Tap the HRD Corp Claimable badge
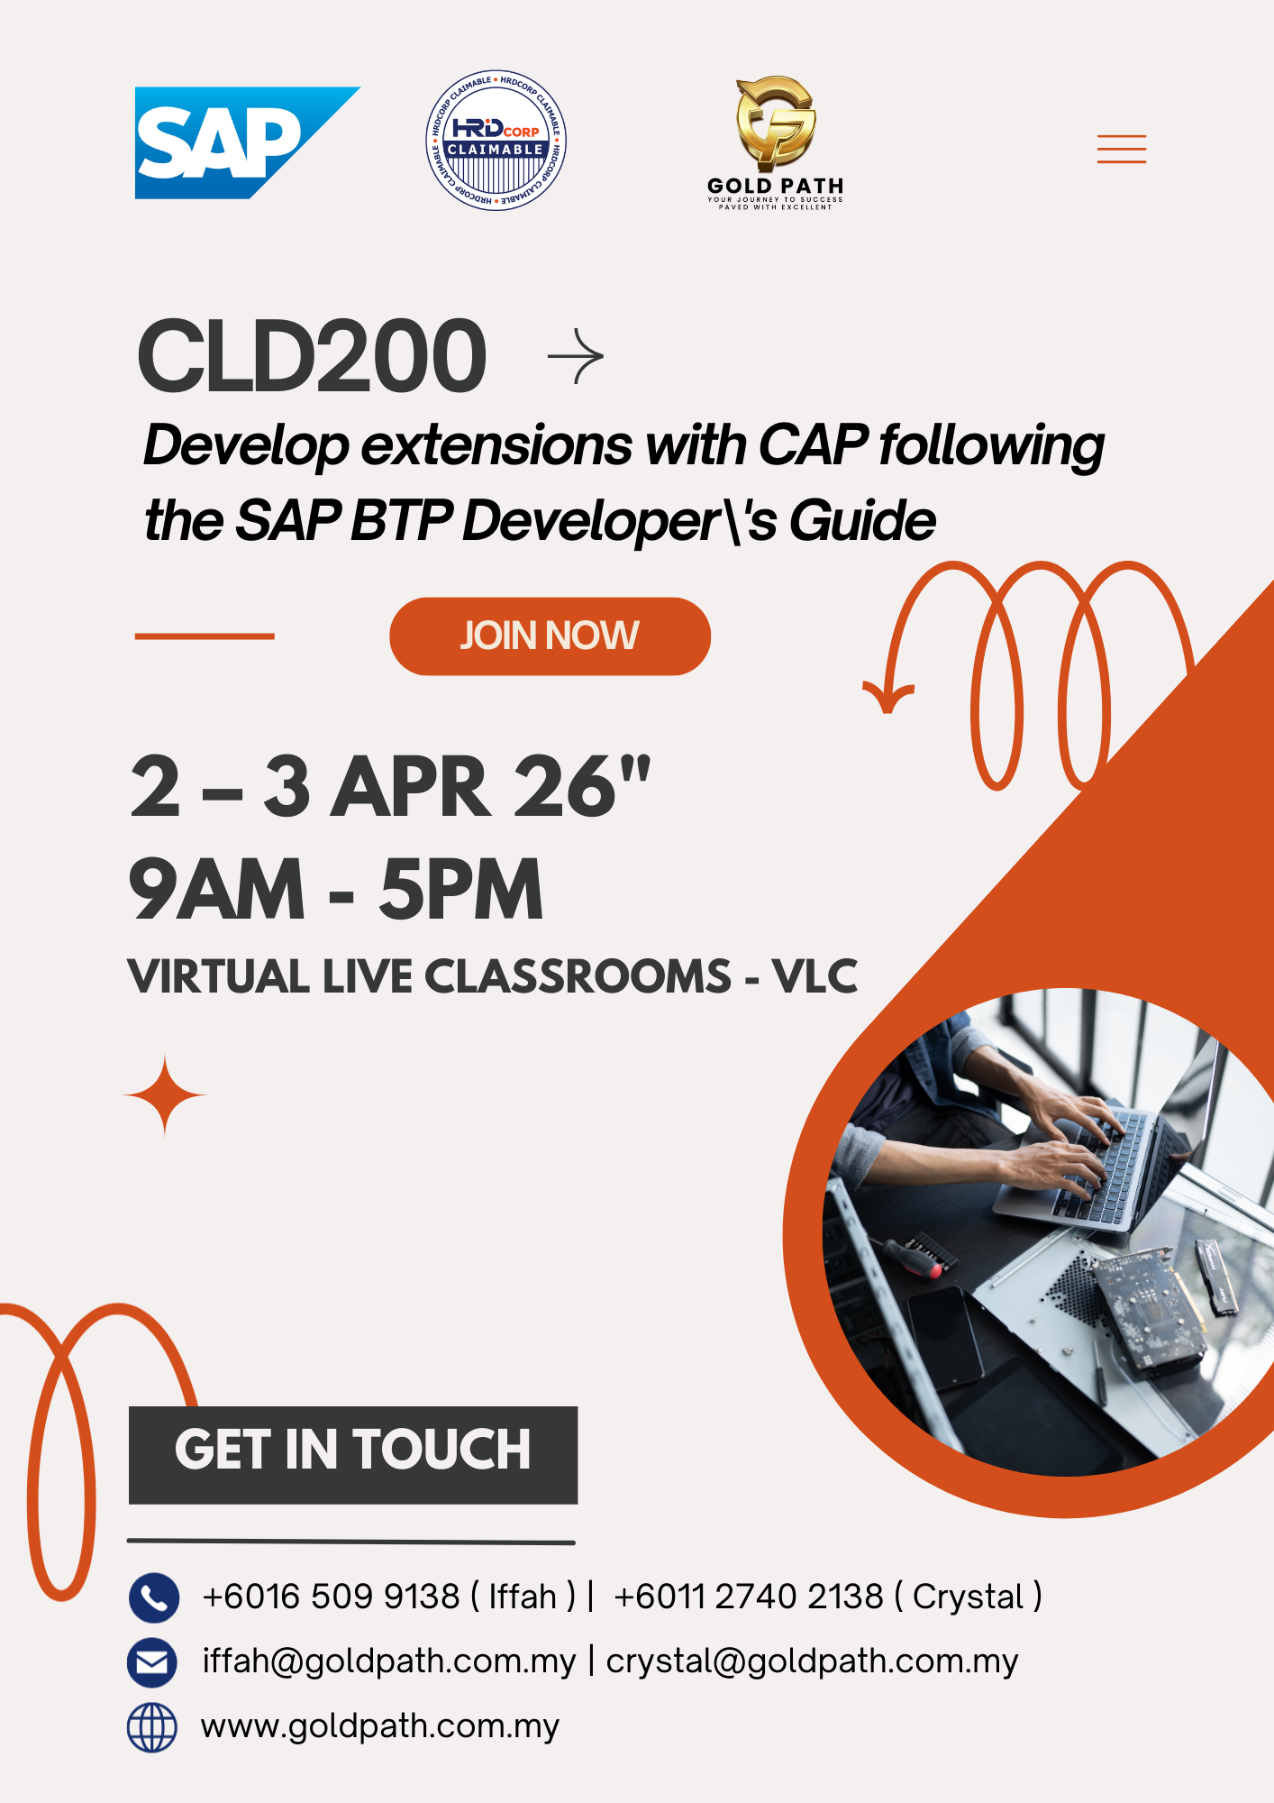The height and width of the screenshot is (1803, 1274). tap(496, 141)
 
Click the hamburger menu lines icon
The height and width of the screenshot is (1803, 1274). tap(1121, 149)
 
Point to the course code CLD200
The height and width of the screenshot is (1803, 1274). tap(312, 357)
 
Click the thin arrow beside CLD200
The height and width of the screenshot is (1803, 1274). tap(576, 357)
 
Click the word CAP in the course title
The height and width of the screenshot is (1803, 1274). tap(813, 445)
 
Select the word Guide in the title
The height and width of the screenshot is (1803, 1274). tap(862, 521)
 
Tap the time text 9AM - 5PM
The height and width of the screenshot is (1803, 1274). tap(336, 890)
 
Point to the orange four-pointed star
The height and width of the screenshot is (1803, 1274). tap(165, 1095)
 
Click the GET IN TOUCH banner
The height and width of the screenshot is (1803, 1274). tap(352, 1453)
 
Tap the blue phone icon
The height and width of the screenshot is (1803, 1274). tap(153, 1597)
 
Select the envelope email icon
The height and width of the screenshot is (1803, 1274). tap(153, 1661)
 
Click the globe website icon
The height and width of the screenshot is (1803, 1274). tap(153, 1727)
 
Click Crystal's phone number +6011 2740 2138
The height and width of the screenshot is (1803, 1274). tap(749, 1597)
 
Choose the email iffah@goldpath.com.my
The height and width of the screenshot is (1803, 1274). tap(388, 1661)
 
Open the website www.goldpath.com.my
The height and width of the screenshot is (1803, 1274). tap(380, 1726)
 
